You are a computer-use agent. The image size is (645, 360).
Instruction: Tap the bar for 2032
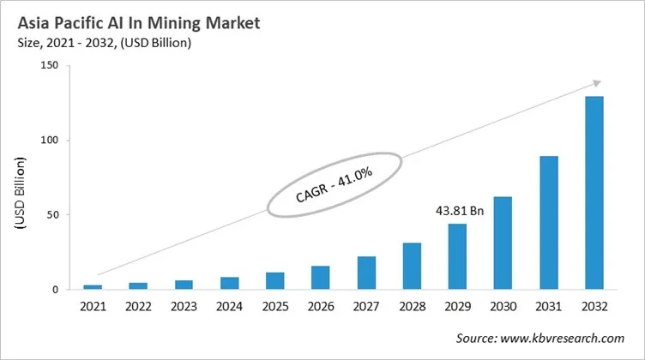tap(594, 193)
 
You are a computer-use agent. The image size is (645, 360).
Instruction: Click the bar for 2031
tap(549, 223)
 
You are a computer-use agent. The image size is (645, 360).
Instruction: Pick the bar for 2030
tap(503, 243)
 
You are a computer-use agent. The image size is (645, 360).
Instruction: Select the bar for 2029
tap(458, 256)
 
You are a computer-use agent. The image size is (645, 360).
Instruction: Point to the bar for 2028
tap(412, 266)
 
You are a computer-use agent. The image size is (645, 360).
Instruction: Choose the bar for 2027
tap(366, 273)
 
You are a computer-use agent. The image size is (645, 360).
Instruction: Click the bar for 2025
tap(275, 280)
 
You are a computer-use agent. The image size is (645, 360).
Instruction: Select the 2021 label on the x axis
tap(93, 305)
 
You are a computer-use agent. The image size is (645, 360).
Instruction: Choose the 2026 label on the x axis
tap(321, 305)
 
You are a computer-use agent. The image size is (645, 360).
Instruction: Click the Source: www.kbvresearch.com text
tap(540, 339)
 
